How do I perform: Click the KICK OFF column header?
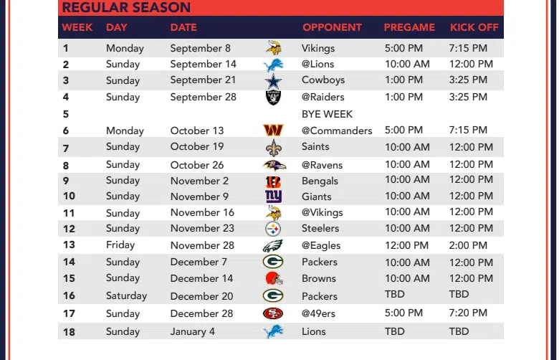(474, 27)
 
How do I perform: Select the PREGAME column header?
(409, 27)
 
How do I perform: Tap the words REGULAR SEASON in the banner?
(126, 7)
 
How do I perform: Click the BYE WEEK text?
(327, 114)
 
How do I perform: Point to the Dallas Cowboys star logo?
(274, 81)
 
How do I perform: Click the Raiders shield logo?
(274, 98)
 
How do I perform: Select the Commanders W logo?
(273, 131)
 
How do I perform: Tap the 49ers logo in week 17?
(273, 313)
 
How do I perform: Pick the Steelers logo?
(273, 229)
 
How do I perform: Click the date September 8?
(201, 49)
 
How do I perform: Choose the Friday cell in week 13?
(120, 245)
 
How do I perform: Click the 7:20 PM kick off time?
(468, 313)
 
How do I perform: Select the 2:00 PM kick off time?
(468, 245)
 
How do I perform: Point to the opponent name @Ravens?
(322, 165)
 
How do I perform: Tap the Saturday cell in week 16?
(127, 296)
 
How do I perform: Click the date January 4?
(193, 332)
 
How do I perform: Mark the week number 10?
(70, 196)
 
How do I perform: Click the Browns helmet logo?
(274, 278)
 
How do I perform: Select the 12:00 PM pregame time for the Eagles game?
(407, 245)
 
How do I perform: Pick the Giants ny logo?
(274, 196)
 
